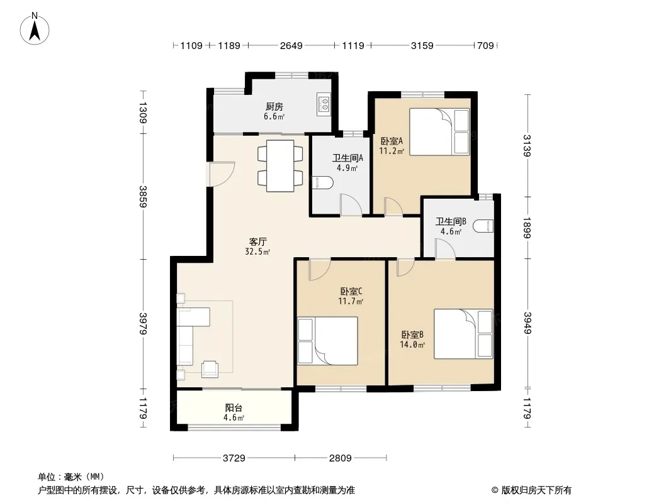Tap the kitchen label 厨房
pos(274,107)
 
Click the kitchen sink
pos(324,104)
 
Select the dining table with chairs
pos(279,166)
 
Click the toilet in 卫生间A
pos(324,183)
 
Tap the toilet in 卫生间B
pos(484,226)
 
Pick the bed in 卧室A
pos(439,131)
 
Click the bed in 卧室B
pos(463,333)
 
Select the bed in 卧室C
pos(327,340)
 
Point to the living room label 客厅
pos(257,241)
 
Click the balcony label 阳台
pos(234,408)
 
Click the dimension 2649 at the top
pos(291,45)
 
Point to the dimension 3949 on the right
pos(527,323)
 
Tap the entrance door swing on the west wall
pos(222,172)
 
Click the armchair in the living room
pos(210,369)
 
